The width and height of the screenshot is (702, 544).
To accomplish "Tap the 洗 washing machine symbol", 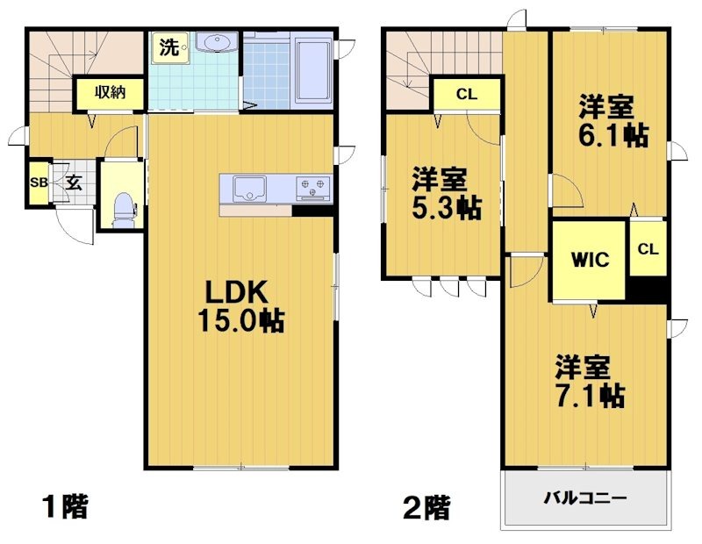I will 168,47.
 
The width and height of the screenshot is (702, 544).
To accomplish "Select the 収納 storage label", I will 109,91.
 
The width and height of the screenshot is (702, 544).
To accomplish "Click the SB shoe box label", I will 38,183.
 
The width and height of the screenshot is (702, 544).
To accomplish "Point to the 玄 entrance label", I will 73,183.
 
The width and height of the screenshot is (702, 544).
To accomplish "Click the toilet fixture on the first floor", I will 124,207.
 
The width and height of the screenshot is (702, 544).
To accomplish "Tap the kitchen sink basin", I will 250,187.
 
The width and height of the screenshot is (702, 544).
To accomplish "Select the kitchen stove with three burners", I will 313,186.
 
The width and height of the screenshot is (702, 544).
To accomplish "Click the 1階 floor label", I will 65,506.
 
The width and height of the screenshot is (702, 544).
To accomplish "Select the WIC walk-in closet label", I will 591,260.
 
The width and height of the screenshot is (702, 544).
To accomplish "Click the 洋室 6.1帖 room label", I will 612,122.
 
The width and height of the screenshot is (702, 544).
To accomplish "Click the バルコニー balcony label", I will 584,497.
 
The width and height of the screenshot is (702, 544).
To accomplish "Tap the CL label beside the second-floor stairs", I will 466,94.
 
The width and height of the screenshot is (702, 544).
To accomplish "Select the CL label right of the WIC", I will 648,249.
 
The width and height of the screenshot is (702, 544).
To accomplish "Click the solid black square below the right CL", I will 648,289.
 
